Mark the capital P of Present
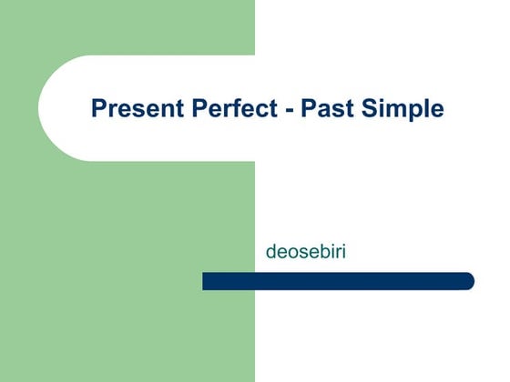click(98, 109)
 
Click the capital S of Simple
click(355, 109)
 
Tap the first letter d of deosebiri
click(270, 248)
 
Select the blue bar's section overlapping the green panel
click(228, 281)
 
